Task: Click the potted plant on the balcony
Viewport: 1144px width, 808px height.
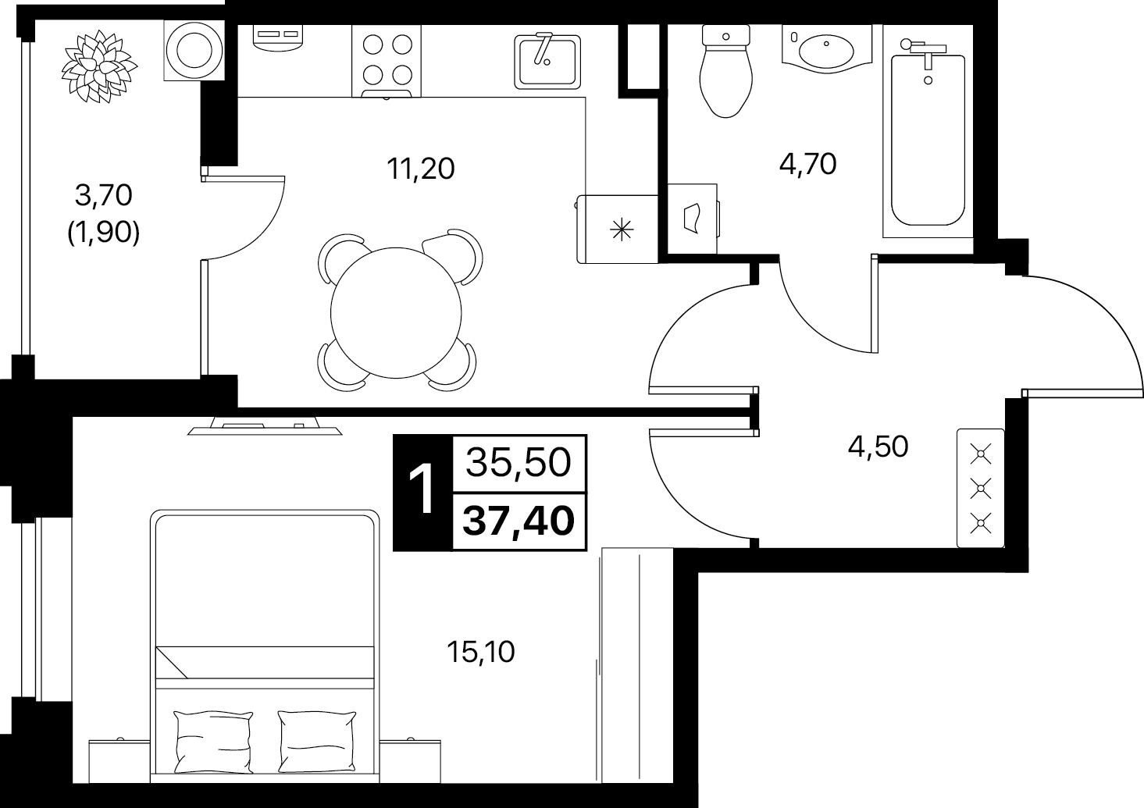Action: pyautogui.click(x=100, y=67)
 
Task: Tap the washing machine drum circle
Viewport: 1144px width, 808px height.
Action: pyautogui.click(x=194, y=51)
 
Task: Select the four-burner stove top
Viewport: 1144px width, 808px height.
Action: pyautogui.click(x=387, y=61)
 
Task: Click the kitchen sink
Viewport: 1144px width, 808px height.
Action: pyautogui.click(x=547, y=61)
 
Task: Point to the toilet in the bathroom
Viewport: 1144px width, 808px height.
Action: pyautogui.click(x=726, y=71)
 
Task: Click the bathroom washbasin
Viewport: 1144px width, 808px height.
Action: pyautogui.click(x=826, y=49)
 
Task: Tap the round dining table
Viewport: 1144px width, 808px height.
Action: pyautogui.click(x=396, y=312)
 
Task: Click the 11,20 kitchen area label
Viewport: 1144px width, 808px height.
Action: pyautogui.click(x=420, y=169)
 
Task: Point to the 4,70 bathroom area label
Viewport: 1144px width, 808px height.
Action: pyautogui.click(x=808, y=165)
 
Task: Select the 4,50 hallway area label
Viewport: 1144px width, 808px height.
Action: pyautogui.click(x=878, y=446)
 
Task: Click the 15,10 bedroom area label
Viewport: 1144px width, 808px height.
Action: pyautogui.click(x=480, y=652)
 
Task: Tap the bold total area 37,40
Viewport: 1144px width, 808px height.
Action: pyautogui.click(x=519, y=521)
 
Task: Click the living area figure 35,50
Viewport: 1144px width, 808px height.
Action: pyautogui.click(x=519, y=463)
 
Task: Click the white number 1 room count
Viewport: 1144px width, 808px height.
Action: pyautogui.click(x=422, y=491)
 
